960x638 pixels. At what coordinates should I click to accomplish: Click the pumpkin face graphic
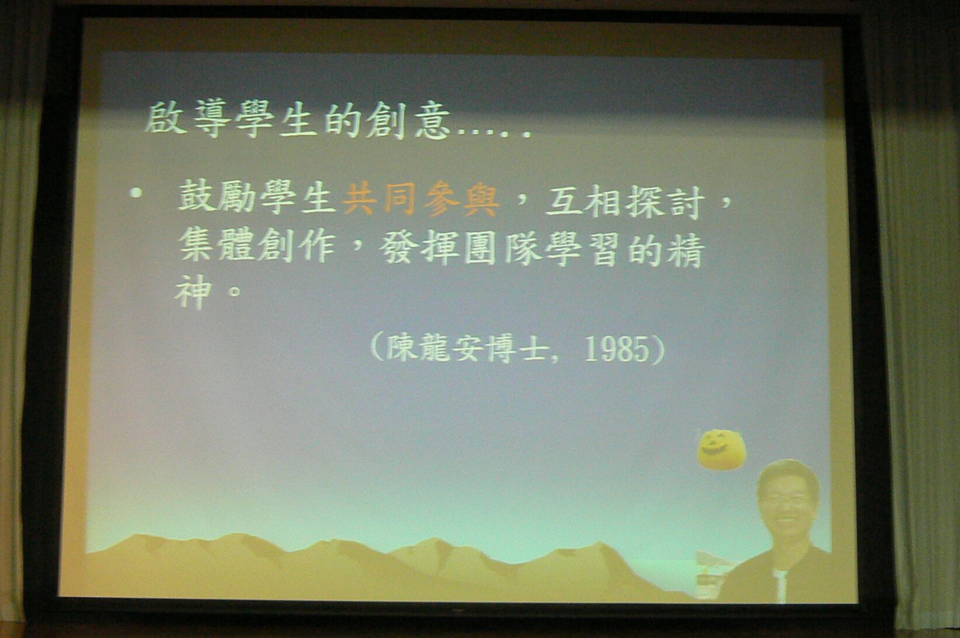pos(722,450)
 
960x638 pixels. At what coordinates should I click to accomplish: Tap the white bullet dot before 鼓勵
pos(136,193)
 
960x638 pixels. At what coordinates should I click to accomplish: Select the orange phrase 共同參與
pos(421,199)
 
